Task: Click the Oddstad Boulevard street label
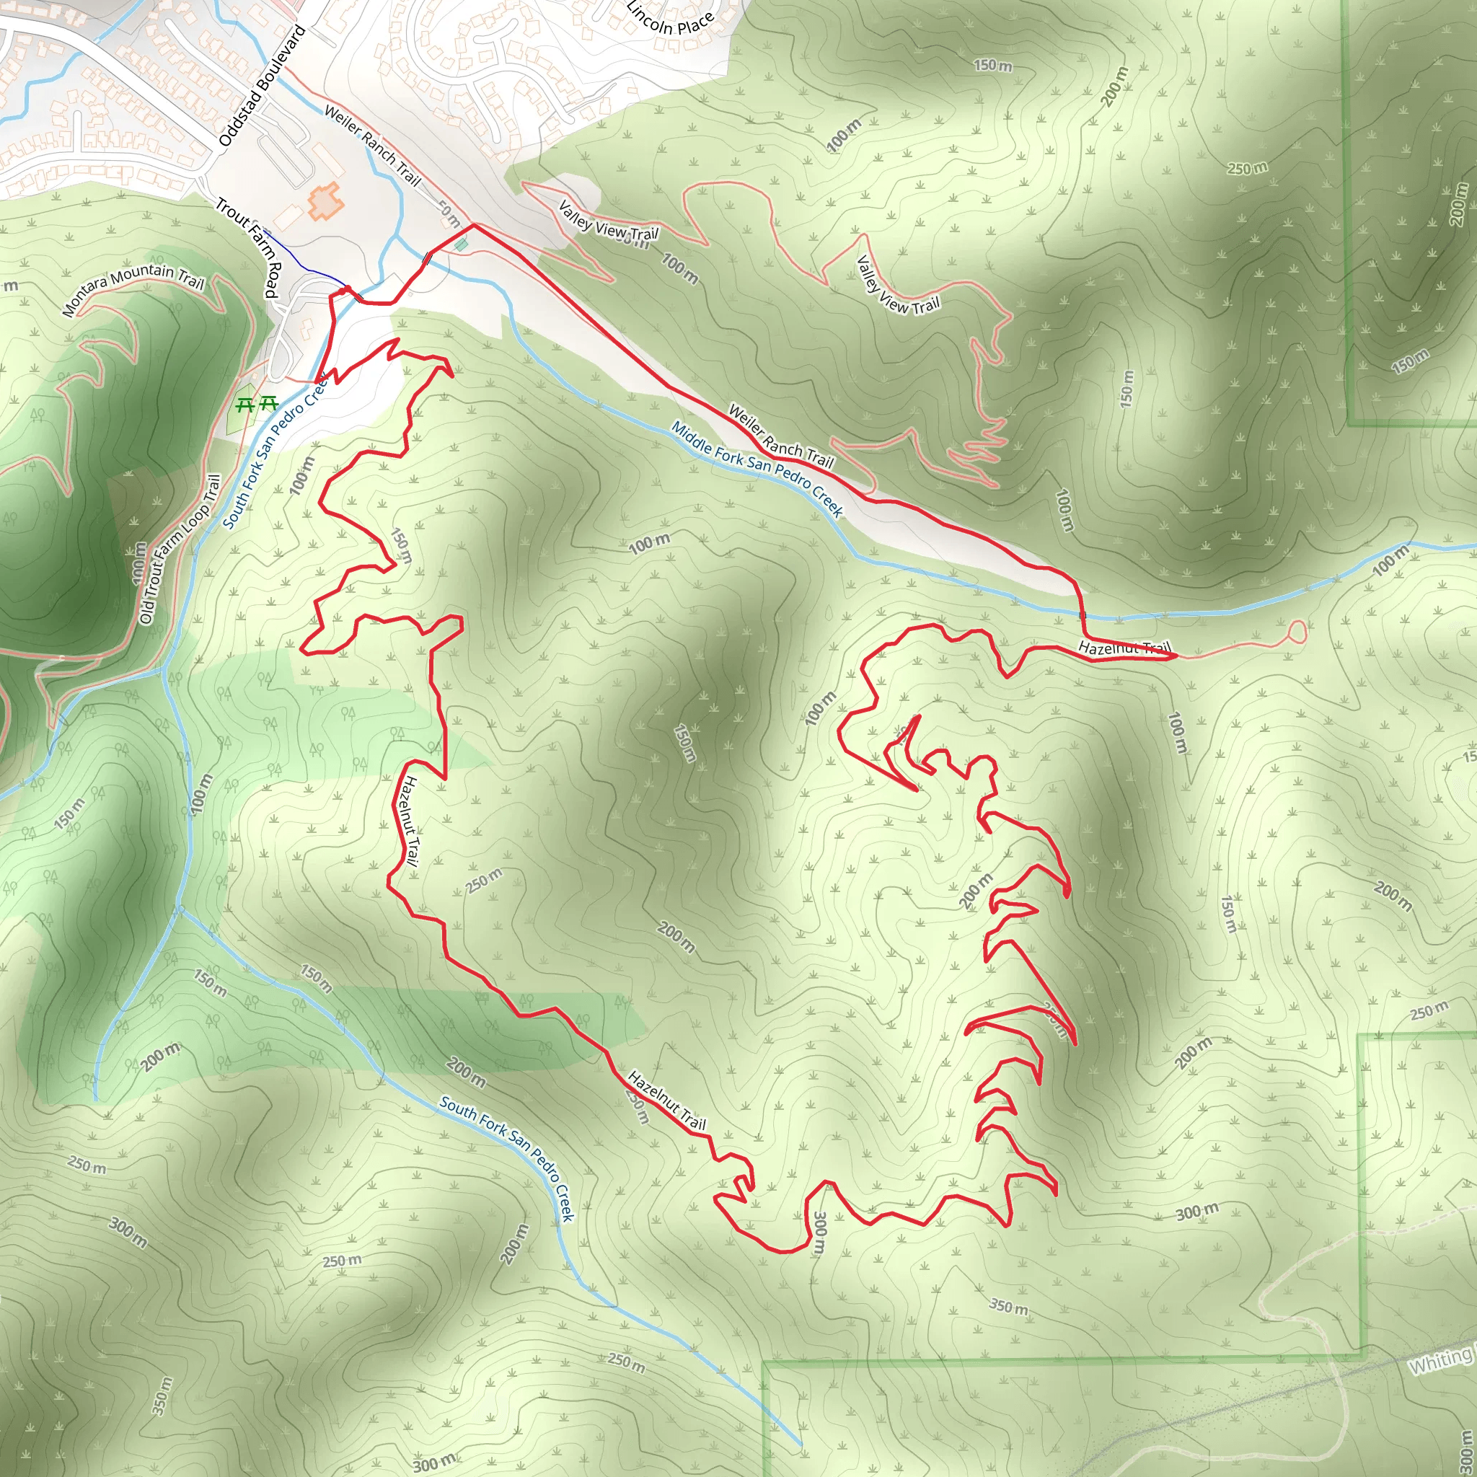263,86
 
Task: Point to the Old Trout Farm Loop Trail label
180,549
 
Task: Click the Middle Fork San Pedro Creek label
757,468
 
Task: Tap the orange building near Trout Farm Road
325,200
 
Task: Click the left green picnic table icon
244,404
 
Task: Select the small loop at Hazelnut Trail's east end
1297,632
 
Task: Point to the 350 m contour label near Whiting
1008,1307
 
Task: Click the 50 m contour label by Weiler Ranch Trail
449,213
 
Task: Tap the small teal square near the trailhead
460,244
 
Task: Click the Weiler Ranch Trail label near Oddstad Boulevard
372,145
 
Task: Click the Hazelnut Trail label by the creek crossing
1124,648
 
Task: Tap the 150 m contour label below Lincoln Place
992,65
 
